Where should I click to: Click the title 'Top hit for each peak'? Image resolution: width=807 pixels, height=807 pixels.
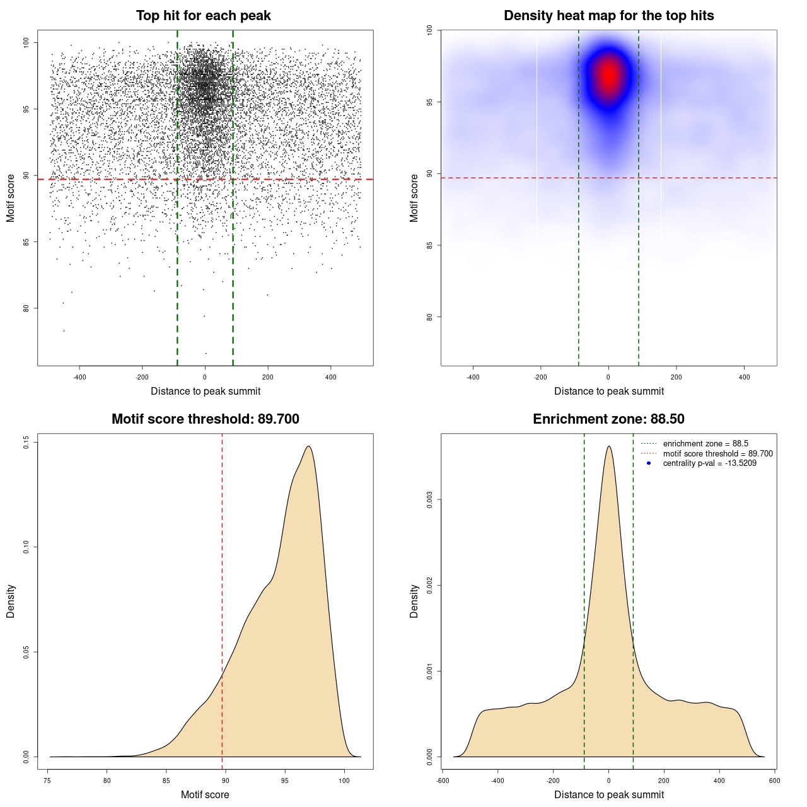203,16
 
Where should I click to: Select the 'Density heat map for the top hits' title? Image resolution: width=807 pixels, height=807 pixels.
608,16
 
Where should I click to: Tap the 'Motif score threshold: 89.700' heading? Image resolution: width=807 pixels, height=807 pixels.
205,419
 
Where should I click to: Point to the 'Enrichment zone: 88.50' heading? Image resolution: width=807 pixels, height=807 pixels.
608,419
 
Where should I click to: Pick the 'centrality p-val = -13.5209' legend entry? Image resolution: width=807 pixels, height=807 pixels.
709,463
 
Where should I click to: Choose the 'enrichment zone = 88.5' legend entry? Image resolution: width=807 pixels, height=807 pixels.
705,444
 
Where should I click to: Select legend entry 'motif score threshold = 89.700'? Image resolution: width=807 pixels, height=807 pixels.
717,454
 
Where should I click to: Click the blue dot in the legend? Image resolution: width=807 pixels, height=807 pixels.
649,463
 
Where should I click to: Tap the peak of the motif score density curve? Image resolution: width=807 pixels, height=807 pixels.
308,446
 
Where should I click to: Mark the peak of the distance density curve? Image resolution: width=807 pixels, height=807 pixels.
608,446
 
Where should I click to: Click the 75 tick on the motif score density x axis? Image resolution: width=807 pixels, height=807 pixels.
48,781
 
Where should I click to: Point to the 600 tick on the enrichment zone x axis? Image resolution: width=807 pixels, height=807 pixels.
775,781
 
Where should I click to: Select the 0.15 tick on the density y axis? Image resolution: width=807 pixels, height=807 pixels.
26,443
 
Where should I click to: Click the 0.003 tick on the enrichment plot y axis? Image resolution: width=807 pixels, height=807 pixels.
430,501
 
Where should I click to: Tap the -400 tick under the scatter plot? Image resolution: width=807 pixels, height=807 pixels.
79,377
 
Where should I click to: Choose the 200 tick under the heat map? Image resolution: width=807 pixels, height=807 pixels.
676,377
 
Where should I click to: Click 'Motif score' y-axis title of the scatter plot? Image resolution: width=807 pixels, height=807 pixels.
11,198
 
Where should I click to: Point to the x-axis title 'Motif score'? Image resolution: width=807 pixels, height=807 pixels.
205,794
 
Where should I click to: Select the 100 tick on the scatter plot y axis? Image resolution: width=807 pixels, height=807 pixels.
26,42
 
